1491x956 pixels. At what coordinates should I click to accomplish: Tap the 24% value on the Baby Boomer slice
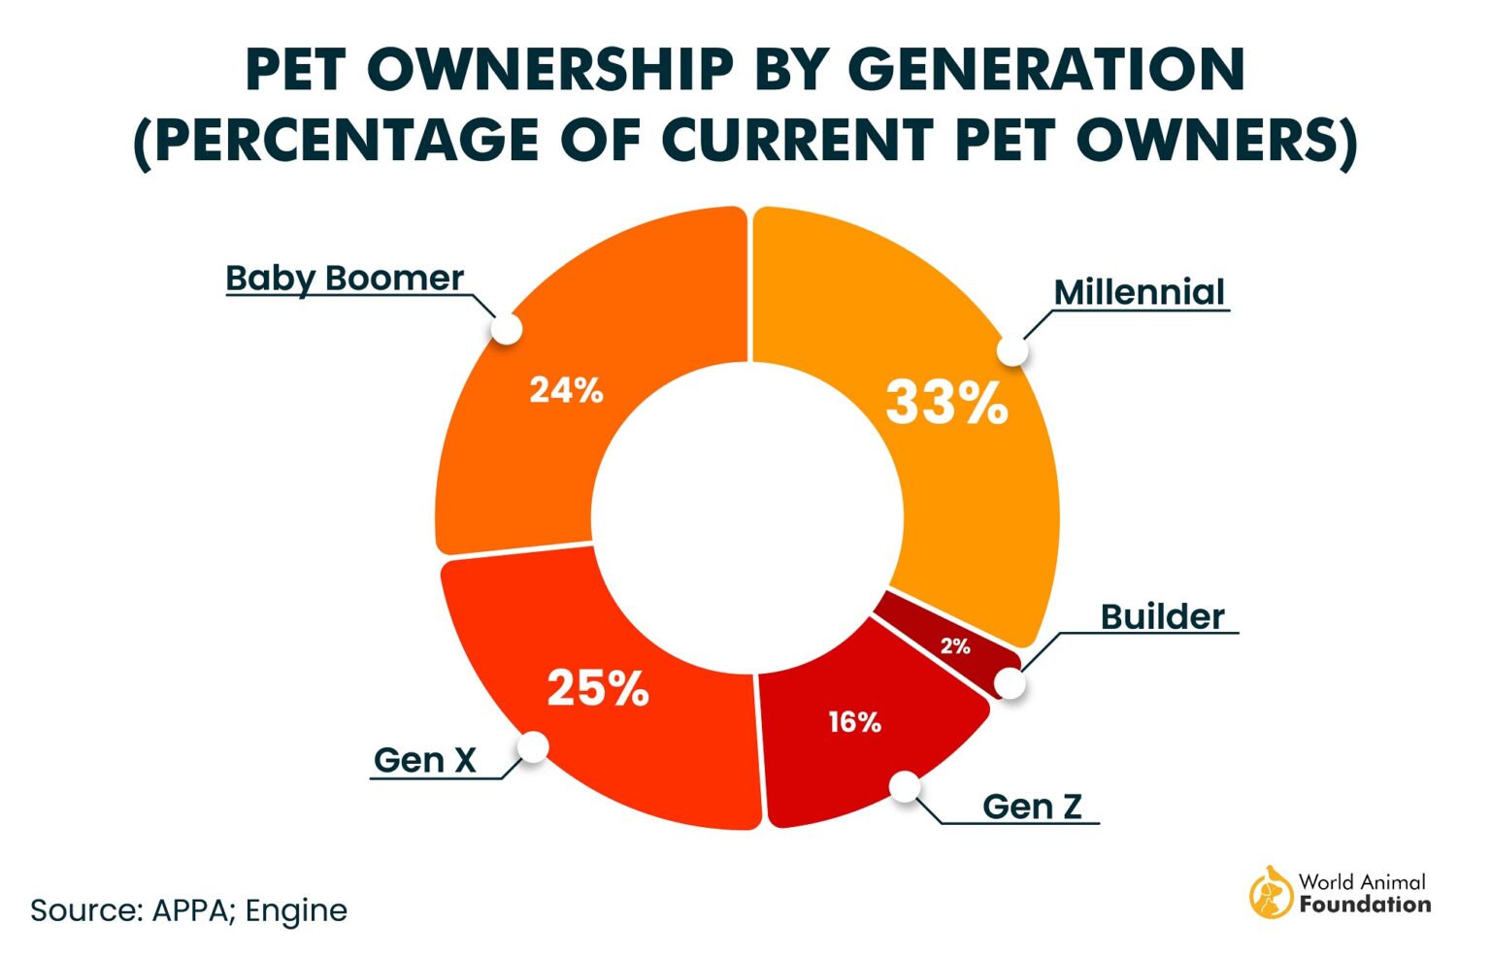pyautogui.click(x=566, y=390)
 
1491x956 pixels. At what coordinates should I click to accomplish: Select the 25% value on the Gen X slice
pyautogui.click(x=597, y=688)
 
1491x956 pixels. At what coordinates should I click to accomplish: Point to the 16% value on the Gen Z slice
pyautogui.click(x=854, y=722)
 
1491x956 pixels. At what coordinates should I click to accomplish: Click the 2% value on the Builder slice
pyautogui.click(x=955, y=646)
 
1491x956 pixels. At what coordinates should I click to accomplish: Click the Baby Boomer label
pyautogui.click(x=345, y=278)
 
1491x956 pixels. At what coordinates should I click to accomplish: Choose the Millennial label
pyautogui.click(x=1139, y=292)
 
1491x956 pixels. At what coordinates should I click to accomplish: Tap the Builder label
pyautogui.click(x=1162, y=616)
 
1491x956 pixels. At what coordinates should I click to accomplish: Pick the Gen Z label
pyautogui.click(x=1032, y=806)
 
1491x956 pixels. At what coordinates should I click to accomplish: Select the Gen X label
pyautogui.click(x=425, y=760)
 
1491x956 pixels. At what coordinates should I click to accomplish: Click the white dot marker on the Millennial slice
pyautogui.click(x=1012, y=351)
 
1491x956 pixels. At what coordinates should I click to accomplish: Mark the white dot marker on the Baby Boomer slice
pyautogui.click(x=506, y=328)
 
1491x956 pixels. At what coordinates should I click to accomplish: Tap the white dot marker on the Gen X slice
pyautogui.click(x=533, y=746)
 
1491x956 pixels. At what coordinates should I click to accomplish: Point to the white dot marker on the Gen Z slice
pyautogui.click(x=905, y=786)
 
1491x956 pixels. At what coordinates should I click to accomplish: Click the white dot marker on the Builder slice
pyautogui.click(x=1011, y=683)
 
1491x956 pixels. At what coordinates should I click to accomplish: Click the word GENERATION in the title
pyautogui.click(x=1045, y=69)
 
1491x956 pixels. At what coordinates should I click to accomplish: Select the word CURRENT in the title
pyautogui.click(x=796, y=140)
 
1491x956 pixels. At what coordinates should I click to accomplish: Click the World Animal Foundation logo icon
pyautogui.click(x=1270, y=892)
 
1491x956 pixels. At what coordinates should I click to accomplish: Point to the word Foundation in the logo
pyautogui.click(x=1365, y=905)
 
